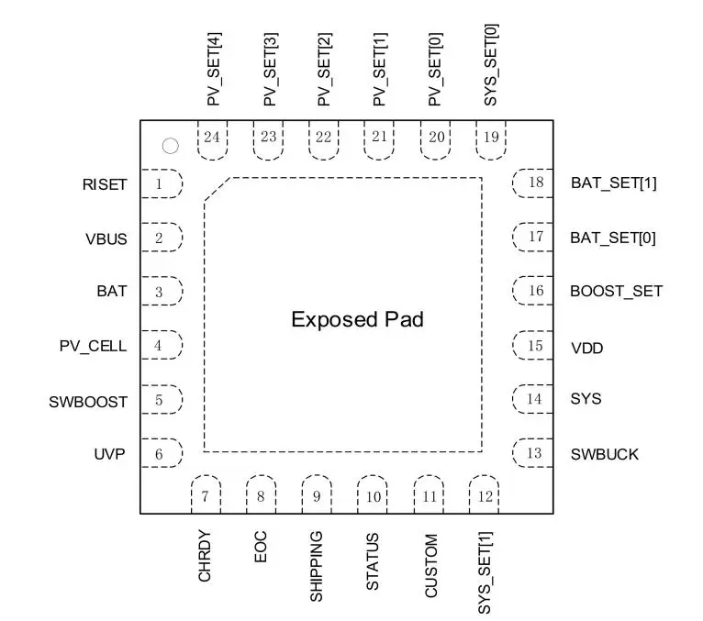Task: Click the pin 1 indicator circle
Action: click(170, 145)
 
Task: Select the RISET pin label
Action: click(104, 185)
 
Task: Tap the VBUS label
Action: click(106, 239)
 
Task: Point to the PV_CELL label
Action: click(94, 347)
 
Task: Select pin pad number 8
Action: click(261, 497)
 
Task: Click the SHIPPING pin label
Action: click(316, 565)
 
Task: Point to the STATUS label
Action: click(372, 560)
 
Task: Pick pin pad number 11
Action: click(430, 497)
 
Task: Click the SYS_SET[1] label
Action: click(485, 572)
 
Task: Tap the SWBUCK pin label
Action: click(604, 454)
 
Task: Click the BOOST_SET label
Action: click(616, 292)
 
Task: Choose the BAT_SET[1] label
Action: click(612, 183)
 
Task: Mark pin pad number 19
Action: click(491, 138)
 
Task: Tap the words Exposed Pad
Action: click(357, 320)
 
